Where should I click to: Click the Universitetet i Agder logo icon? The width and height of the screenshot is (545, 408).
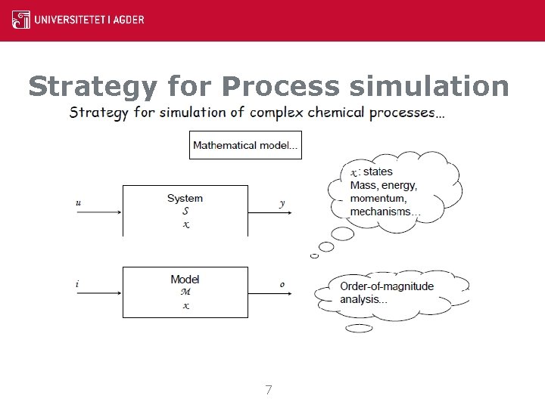click(21, 20)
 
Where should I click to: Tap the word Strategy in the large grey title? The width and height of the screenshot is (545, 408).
click(92, 87)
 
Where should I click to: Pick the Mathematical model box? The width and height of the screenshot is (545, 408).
click(244, 145)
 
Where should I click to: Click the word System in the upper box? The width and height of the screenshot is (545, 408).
click(185, 199)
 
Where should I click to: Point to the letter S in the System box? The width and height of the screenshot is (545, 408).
click(185, 212)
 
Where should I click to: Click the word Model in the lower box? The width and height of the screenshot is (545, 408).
click(185, 280)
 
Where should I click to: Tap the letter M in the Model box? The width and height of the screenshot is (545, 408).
click(185, 292)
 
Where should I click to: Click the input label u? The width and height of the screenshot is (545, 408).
click(79, 202)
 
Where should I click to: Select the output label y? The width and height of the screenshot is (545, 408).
click(282, 202)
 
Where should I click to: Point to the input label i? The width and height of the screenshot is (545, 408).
click(77, 284)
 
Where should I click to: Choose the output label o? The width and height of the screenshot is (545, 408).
click(282, 284)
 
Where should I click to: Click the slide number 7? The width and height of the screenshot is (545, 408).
click(269, 390)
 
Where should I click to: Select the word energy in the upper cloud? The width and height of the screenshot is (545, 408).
click(399, 186)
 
